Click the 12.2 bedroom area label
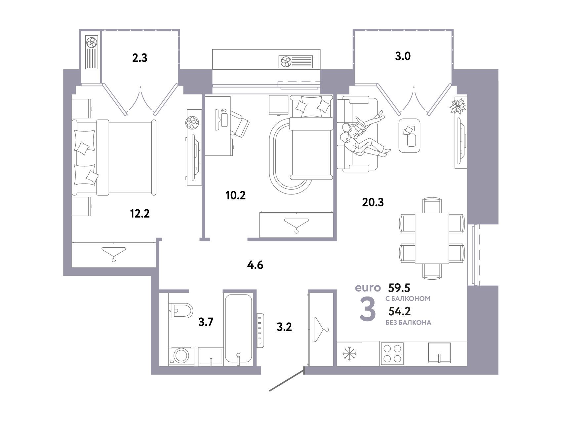(x=140, y=214)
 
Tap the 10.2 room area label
(x=235, y=195)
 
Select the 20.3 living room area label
(x=373, y=202)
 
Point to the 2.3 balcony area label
(x=140, y=58)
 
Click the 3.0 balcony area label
(x=403, y=56)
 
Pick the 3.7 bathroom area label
(x=206, y=322)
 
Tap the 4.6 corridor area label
(x=255, y=265)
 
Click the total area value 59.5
(x=399, y=288)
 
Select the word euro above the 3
(x=368, y=288)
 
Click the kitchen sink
(x=439, y=353)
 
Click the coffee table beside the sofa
(x=409, y=135)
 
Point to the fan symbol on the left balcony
(x=92, y=42)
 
